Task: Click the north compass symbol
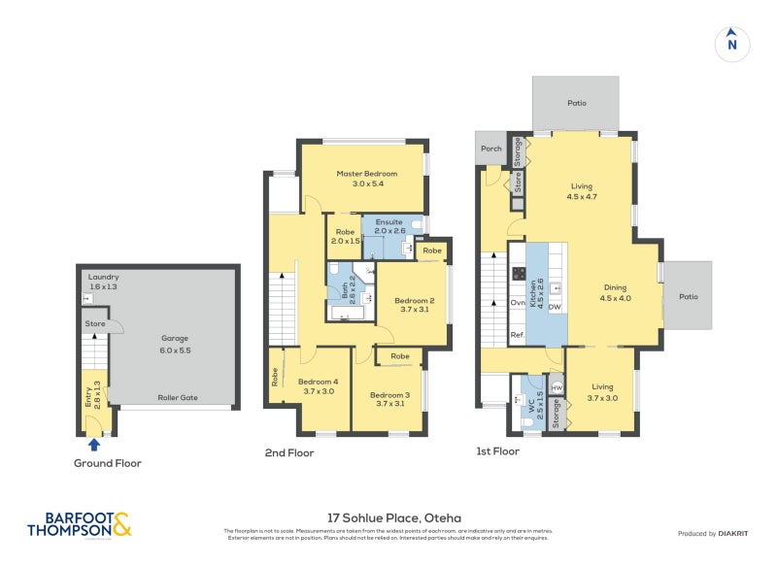(x=732, y=43)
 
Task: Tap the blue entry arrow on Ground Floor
(x=93, y=445)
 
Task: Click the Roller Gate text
(x=177, y=397)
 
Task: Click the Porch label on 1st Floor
(x=491, y=149)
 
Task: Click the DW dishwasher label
(x=555, y=308)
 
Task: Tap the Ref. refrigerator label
(x=518, y=335)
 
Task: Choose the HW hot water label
(x=556, y=387)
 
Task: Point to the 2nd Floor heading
(x=288, y=452)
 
